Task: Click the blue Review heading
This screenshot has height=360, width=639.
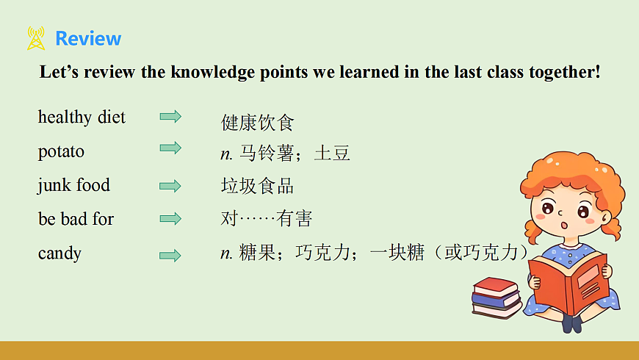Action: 88,38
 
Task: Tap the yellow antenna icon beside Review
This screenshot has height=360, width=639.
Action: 36,38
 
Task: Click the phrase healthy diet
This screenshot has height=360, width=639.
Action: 82,118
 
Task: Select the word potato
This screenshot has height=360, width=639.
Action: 61,152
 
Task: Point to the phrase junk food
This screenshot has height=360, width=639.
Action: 73,185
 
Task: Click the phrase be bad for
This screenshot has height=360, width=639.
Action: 76,219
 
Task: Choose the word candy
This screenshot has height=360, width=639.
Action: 59,253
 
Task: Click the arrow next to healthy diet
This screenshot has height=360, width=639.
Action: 170,116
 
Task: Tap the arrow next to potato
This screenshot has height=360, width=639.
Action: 170,148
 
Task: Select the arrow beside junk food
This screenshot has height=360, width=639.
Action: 170,186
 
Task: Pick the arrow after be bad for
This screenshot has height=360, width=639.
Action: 170,218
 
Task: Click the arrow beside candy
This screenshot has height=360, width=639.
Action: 170,255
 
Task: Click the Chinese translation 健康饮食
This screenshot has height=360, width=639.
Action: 257,122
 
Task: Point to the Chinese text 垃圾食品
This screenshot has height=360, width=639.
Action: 257,186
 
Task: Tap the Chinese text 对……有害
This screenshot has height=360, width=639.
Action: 266,219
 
